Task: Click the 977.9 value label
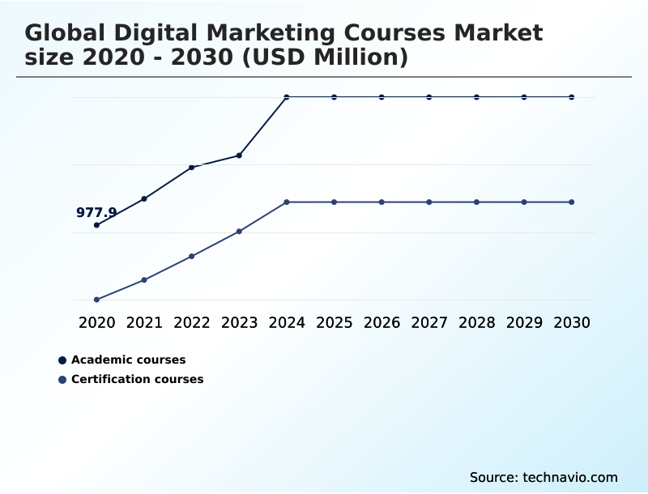pyautogui.click(x=96, y=213)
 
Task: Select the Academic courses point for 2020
pyautogui.click(x=96, y=225)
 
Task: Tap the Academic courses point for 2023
pyautogui.click(x=239, y=155)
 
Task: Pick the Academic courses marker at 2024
pyautogui.click(x=287, y=97)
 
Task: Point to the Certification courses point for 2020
pyautogui.click(x=96, y=300)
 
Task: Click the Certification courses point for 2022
pyautogui.click(x=192, y=256)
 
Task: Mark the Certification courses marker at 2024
pyautogui.click(x=287, y=202)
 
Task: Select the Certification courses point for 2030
pyautogui.click(x=572, y=202)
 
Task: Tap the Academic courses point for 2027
pyautogui.click(x=429, y=97)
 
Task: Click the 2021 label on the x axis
pyautogui.click(x=144, y=322)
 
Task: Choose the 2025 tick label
pyautogui.click(x=335, y=322)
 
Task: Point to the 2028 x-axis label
pyautogui.click(x=477, y=322)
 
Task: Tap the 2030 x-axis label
pyautogui.click(x=572, y=322)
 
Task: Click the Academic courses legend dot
pyautogui.click(x=62, y=360)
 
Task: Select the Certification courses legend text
pyautogui.click(x=138, y=379)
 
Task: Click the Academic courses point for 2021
pyautogui.click(x=144, y=198)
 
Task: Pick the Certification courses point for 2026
pyautogui.click(x=382, y=202)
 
